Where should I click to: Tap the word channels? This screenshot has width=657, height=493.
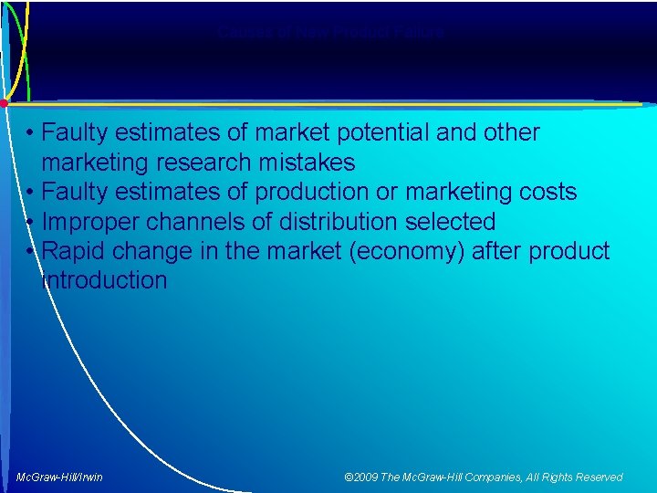point(195,222)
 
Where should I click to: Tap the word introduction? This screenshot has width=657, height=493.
point(105,280)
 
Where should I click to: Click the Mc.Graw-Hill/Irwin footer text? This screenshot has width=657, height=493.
point(60,477)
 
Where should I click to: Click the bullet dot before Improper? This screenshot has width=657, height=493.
point(31,222)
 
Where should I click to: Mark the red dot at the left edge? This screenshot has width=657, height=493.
point(4,102)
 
